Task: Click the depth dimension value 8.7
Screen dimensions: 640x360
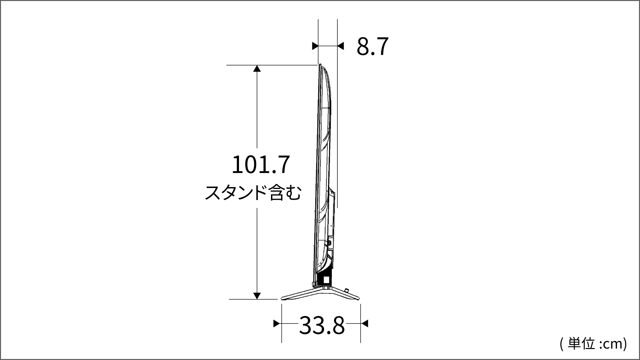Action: (373, 46)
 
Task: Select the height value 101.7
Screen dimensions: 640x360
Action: (261, 165)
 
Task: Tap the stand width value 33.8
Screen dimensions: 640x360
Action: (322, 326)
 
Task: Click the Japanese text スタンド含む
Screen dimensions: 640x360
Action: (253, 193)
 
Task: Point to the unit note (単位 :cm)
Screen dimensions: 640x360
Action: (594, 344)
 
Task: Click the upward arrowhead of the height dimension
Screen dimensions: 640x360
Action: (257, 69)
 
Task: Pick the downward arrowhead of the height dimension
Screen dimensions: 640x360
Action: (257, 296)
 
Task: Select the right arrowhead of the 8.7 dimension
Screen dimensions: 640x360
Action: (340, 46)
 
